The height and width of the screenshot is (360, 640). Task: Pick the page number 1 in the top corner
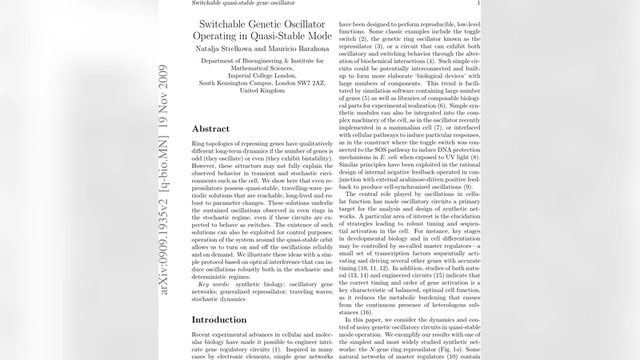pyautogui.click(x=478, y=4)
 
